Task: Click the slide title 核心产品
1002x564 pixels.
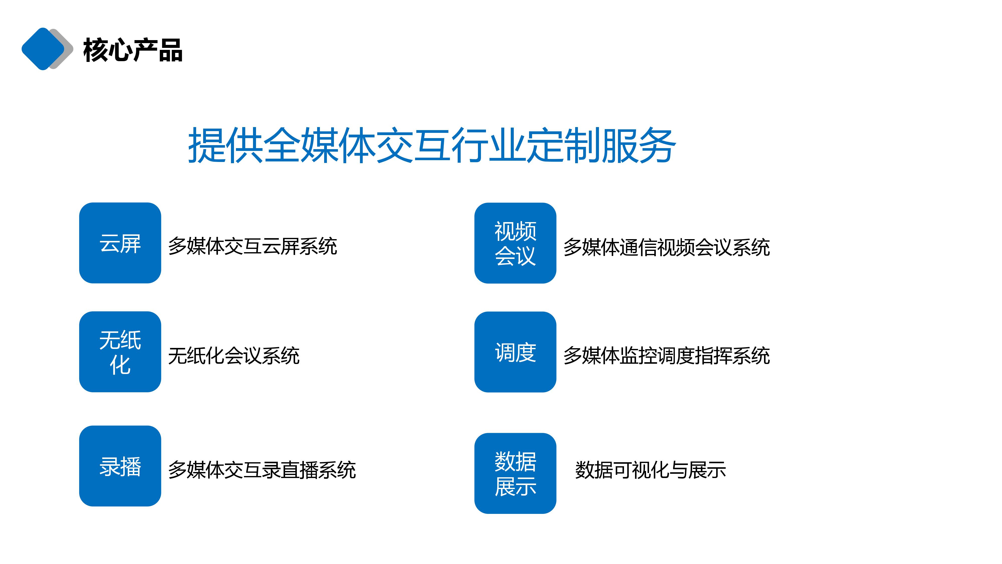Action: point(133,50)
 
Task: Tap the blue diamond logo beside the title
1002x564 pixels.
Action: point(43,49)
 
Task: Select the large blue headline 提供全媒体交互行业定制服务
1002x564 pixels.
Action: point(432,145)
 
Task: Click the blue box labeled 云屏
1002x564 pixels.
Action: point(120,243)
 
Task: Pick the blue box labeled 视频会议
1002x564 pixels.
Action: point(515,243)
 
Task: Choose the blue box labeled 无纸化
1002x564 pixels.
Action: point(120,352)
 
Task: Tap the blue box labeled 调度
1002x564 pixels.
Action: point(515,352)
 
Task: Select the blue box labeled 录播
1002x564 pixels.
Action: point(120,466)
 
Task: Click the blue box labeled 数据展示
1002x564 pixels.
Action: point(515,473)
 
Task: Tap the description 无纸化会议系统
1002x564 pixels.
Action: point(234,356)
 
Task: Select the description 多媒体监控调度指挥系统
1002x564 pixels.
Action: point(667,356)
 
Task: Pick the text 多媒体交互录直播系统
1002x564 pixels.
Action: point(262,470)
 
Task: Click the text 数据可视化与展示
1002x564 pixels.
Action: point(651,470)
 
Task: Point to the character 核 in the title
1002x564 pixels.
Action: point(95,50)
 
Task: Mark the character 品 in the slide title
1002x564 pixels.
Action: point(170,50)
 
